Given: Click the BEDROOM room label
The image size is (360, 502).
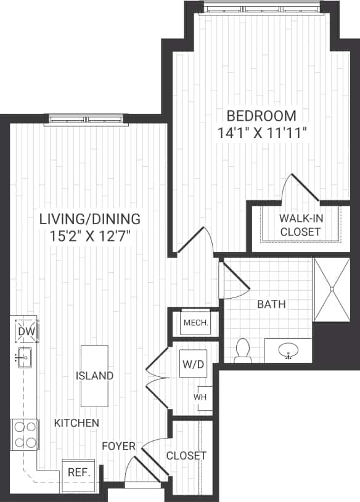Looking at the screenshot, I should [x=261, y=116].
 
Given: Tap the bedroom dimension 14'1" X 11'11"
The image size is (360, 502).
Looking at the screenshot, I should [x=261, y=132].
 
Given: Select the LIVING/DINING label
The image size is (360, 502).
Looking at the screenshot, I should [x=90, y=219].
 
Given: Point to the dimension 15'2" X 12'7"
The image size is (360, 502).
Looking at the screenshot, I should [x=90, y=235].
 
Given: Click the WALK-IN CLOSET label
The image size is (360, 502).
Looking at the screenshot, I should [x=300, y=225].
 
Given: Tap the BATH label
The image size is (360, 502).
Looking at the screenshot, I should [x=271, y=304].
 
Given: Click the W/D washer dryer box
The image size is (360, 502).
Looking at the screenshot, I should [x=193, y=365].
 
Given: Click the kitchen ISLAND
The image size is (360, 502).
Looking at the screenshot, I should [x=94, y=376].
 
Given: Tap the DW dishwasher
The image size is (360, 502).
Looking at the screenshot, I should [x=24, y=332].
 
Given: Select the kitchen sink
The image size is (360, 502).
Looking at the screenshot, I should [x=25, y=357].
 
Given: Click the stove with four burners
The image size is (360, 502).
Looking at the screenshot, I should [x=25, y=434].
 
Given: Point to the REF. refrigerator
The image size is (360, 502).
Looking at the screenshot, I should [x=79, y=472].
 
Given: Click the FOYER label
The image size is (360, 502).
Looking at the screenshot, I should [x=119, y=445].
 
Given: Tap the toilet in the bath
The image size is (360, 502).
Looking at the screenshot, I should [x=243, y=350].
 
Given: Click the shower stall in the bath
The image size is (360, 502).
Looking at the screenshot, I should [x=332, y=289].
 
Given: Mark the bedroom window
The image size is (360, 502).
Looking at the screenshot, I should [x=263, y=8].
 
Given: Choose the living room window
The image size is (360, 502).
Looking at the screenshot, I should [x=86, y=119].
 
